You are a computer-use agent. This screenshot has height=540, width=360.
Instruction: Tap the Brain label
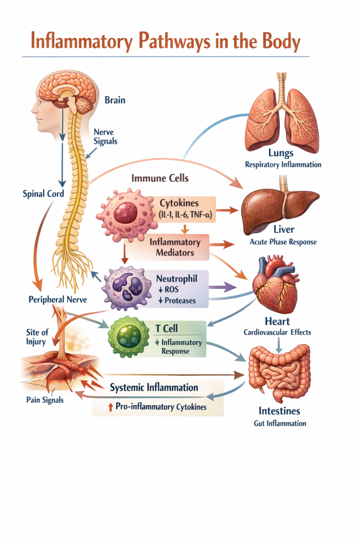pyautogui.click(x=115, y=100)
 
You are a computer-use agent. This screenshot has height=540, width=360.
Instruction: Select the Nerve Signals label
pyautogui.click(x=105, y=137)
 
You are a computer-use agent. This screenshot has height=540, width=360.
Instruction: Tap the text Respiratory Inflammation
pyautogui.click(x=283, y=165)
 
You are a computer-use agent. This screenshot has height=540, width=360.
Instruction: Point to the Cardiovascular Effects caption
pyautogui.click(x=277, y=332)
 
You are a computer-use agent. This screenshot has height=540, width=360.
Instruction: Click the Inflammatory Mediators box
pyautogui.click(x=174, y=247)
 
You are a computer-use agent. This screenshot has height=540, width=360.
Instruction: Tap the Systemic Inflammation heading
pyautogui.click(x=154, y=388)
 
